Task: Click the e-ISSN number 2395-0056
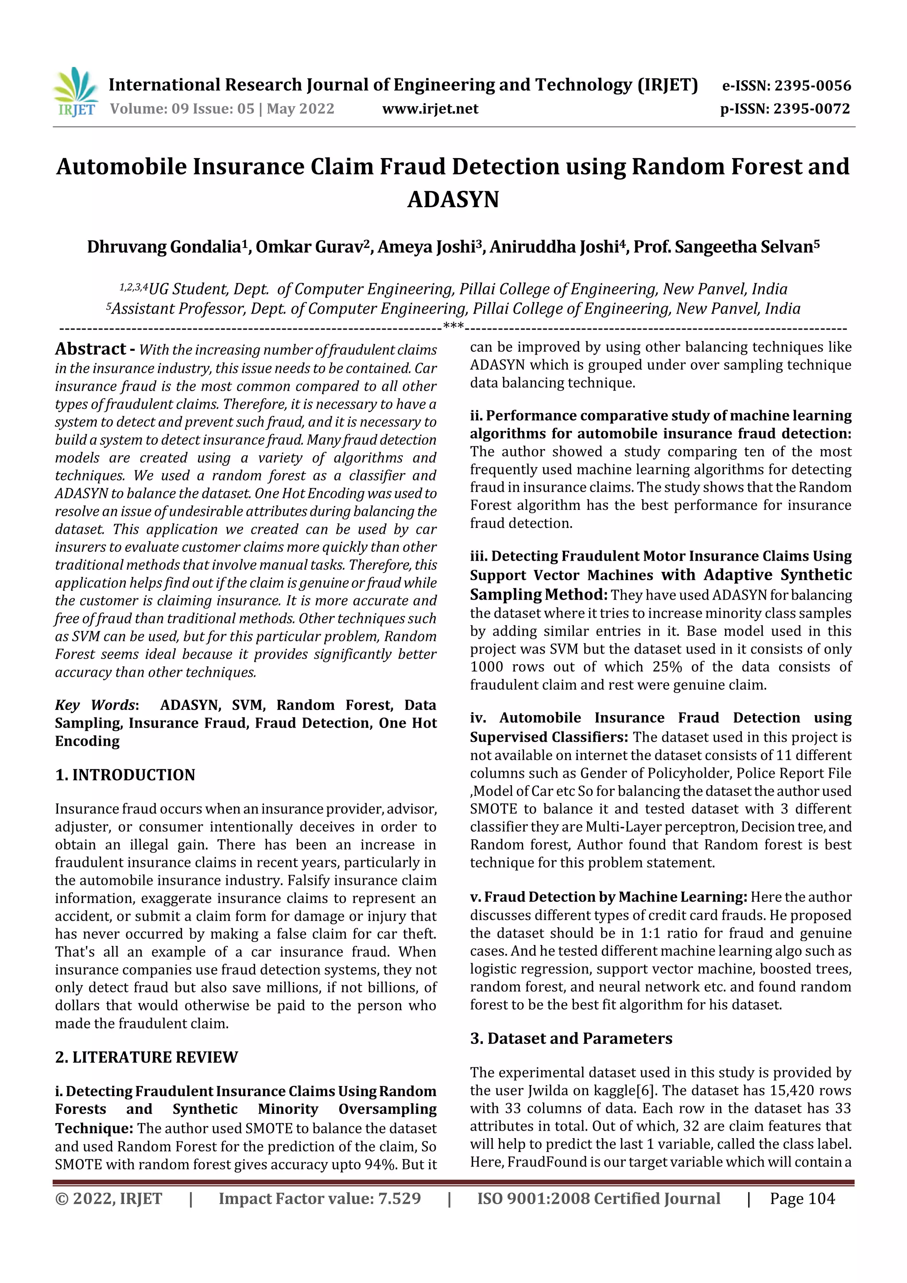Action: [812, 86]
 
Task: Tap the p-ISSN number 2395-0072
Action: [811, 109]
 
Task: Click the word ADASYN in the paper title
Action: [453, 199]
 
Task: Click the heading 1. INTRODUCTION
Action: [125, 775]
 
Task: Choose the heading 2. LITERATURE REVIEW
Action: [147, 1057]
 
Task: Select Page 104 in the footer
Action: [802, 1198]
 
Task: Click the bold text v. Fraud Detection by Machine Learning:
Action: [608, 897]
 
